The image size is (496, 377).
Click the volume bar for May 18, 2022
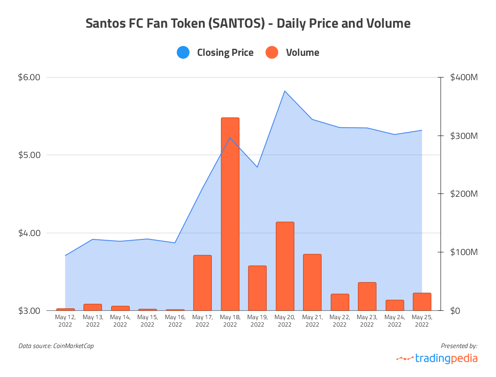point(230,214)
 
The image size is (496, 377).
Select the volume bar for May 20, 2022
point(285,266)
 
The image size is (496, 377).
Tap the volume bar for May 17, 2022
point(203,283)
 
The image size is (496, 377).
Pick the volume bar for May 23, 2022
point(367,296)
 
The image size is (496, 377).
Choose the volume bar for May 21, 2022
point(312,282)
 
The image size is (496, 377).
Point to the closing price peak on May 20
point(285,91)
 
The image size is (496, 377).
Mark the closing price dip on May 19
point(257,167)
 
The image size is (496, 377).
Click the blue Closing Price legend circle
point(183,52)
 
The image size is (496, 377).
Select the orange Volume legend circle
point(272,52)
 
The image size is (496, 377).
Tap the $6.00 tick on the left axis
point(29,77)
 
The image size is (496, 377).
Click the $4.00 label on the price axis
point(29,233)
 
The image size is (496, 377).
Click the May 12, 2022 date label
point(65,321)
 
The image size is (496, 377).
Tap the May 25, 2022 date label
point(422,321)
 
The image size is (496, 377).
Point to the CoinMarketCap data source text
point(73,346)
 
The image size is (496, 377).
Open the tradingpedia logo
point(437,358)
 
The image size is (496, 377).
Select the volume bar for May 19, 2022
point(257,288)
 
